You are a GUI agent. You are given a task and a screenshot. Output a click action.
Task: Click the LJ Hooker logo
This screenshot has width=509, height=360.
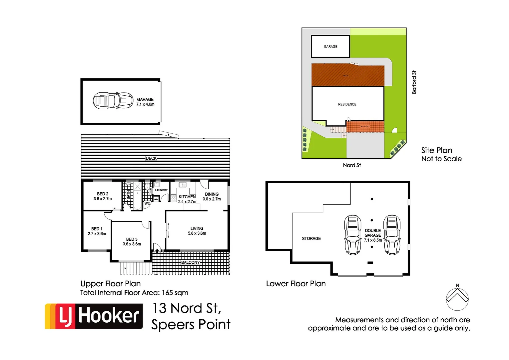[x=94, y=316]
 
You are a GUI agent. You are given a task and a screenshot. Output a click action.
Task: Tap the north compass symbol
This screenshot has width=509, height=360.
[x=457, y=298]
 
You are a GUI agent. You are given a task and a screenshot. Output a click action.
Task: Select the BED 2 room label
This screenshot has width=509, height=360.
[x=103, y=196]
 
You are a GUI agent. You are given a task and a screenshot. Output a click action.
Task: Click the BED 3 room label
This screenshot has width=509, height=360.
[x=132, y=242]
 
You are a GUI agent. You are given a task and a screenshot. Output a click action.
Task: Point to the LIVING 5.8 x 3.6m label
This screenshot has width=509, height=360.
[x=197, y=231]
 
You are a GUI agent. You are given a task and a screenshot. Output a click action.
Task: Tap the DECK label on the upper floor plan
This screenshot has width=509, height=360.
[x=151, y=158]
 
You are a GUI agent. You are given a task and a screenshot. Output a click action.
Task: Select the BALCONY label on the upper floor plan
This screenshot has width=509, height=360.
[x=190, y=262]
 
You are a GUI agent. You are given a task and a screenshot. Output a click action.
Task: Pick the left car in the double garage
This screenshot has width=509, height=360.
[x=352, y=235]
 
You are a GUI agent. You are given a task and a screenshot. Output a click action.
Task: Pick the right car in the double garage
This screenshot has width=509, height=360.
[x=392, y=235]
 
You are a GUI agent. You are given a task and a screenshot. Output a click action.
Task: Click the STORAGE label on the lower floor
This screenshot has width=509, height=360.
[x=311, y=238]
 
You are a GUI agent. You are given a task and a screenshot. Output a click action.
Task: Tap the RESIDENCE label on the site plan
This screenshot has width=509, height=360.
[x=347, y=104]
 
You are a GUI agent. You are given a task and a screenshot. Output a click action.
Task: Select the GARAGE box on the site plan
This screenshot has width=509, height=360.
[x=330, y=46]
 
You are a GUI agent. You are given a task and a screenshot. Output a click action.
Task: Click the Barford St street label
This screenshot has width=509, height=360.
[x=414, y=82]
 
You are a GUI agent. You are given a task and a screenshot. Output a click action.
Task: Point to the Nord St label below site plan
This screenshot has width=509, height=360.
[x=352, y=165]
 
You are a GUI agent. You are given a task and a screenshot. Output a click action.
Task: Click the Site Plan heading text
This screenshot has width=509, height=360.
[x=436, y=150]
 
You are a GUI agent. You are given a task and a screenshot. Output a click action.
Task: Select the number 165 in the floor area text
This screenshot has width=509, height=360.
[x=167, y=293]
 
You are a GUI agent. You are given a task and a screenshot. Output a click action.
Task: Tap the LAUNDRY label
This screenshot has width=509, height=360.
[x=161, y=190]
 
